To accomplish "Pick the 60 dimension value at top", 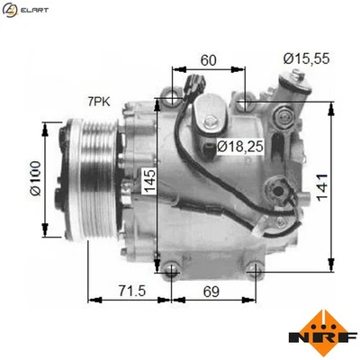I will pos(208,60).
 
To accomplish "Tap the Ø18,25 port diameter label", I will pos(239,146).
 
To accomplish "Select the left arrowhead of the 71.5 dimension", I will pos(91,300).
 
